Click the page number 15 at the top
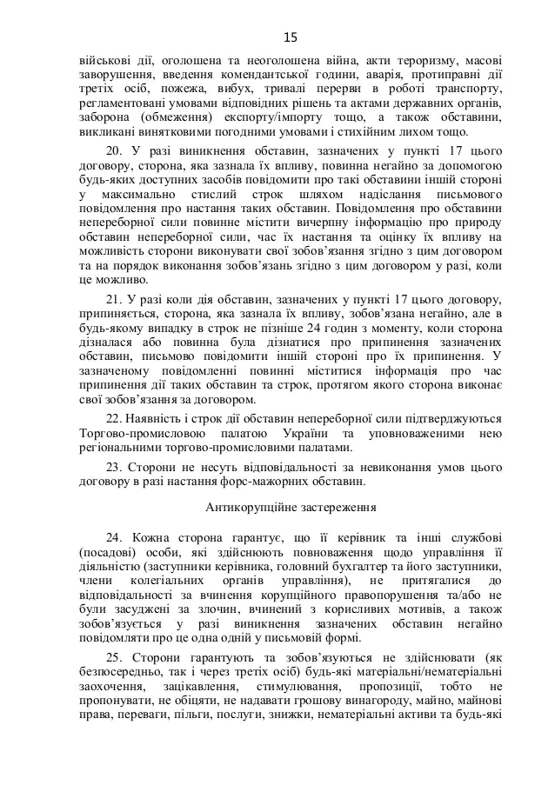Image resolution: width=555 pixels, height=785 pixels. [x=291, y=36]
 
